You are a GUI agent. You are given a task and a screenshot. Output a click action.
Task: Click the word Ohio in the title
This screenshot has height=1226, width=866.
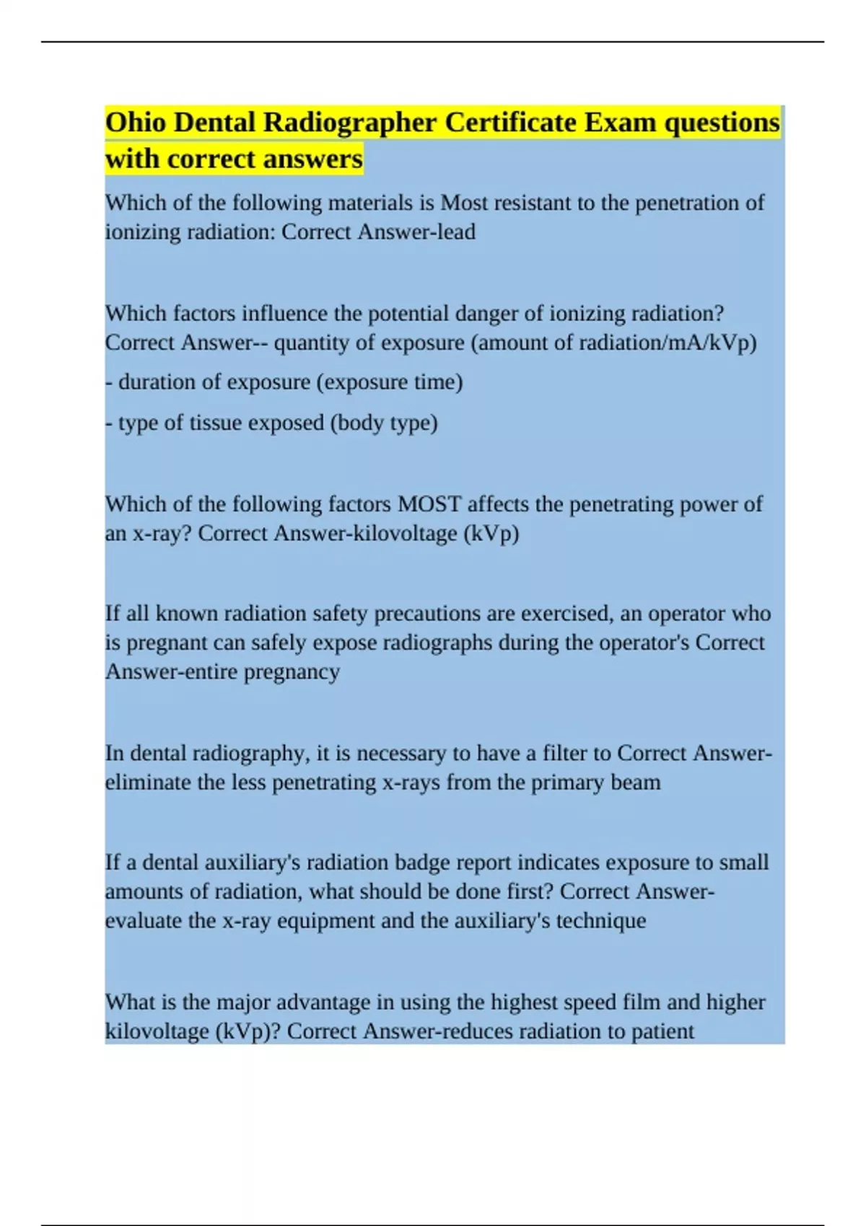135,123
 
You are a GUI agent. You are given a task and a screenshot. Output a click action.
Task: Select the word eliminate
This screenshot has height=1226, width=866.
148,782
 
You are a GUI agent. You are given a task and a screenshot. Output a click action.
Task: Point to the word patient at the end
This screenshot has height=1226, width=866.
662,1031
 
